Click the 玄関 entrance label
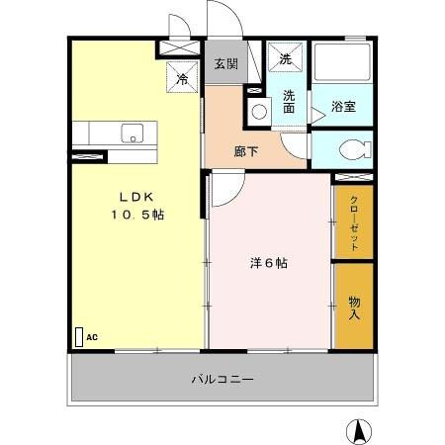tap(225, 64)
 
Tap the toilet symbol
tap(351, 150)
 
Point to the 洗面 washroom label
tap(290, 102)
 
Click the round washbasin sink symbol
tap(258, 111)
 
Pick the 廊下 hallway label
tap(247, 151)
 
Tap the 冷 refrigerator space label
tap(182, 77)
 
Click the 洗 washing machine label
tap(286, 59)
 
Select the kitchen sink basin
tap(132, 133)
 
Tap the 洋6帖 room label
tap(268, 263)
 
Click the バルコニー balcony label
tap(222, 379)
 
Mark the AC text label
tap(92, 337)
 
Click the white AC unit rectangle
tap(78, 336)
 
